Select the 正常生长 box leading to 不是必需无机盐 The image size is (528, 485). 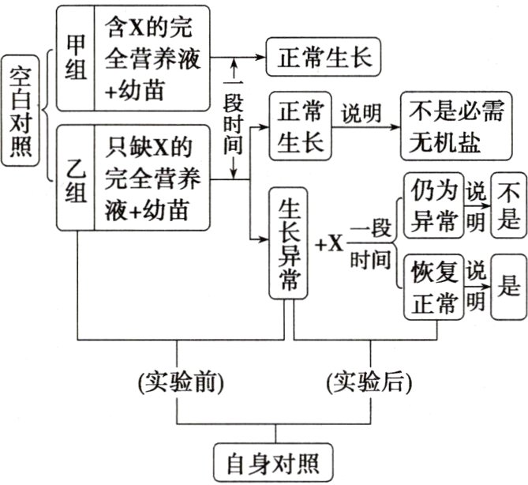(301, 127)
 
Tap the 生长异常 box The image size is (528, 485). (289, 243)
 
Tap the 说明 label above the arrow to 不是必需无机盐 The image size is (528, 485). (365, 113)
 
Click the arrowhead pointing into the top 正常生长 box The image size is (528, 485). (260, 58)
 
